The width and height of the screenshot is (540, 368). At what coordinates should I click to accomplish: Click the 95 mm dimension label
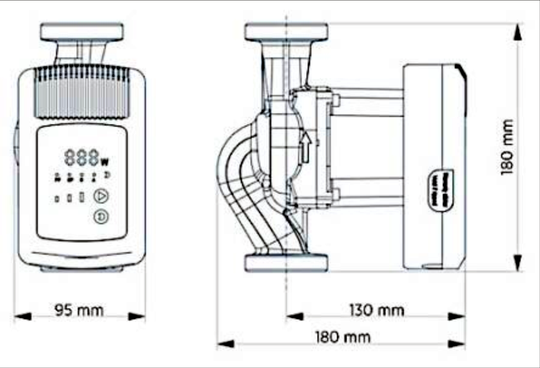click(x=79, y=310)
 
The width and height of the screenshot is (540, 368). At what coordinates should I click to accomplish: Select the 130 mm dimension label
click(x=377, y=310)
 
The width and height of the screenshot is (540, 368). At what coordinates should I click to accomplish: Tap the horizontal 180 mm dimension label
click(x=343, y=337)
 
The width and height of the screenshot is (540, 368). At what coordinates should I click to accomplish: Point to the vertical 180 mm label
click(x=507, y=147)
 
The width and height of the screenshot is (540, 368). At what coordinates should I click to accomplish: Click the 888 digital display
click(x=81, y=158)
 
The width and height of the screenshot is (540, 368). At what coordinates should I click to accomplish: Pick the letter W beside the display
click(x=104, y=160)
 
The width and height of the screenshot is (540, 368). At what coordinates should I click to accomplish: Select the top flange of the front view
click(x=82, y=32)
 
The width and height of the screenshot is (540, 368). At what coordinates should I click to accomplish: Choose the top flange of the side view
click(x=286, y=32)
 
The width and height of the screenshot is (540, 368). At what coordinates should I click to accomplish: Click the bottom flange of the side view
click(x=286, y=263)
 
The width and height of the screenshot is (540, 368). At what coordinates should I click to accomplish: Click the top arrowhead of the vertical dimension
click(x=518, y=32)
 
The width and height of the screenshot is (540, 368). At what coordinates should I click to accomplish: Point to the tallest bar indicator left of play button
click(x=81, y=197)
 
